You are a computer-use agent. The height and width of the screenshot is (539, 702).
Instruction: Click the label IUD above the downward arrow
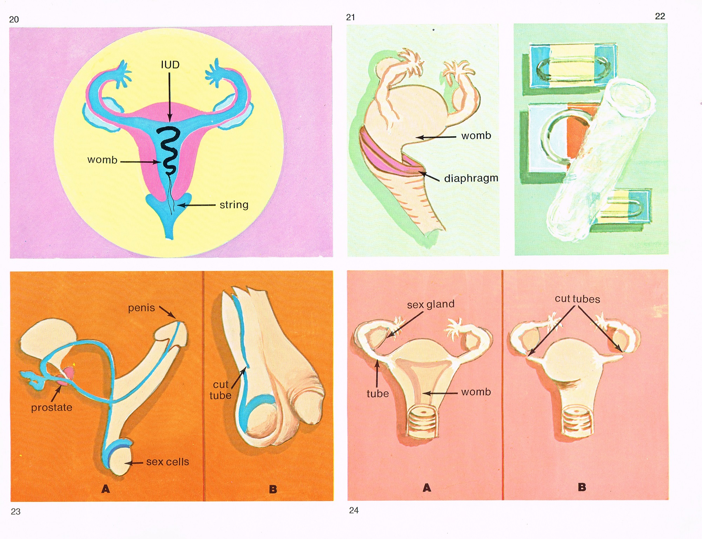(x=170, y=65)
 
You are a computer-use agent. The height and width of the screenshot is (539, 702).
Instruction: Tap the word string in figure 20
(x=234, y=205)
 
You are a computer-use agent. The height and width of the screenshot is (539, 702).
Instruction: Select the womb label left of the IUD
(x=102, y=160)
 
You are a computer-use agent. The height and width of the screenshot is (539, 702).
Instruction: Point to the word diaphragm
(x=471, y=178)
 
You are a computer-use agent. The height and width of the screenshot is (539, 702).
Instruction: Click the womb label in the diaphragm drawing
(x=476, y=136)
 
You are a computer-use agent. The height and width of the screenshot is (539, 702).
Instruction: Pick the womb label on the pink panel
(x=476, y=392)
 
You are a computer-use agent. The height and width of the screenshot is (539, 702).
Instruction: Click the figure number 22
(x=660, y=16)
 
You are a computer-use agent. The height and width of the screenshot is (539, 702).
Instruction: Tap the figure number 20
(x=14, y=20)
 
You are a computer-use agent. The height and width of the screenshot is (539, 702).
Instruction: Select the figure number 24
(x=354, y=510)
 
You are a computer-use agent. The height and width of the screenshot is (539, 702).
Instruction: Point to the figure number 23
(x=16, y=512)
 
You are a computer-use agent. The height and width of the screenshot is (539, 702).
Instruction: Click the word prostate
(x=52, y=407)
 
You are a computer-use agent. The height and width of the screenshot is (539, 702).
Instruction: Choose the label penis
(x=141, y=308)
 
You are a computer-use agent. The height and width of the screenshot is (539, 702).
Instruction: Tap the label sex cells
(x=167, y=462)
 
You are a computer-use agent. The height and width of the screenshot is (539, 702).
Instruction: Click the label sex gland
(x=431, y=304)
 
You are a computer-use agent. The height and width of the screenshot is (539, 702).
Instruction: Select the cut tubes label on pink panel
(x=577, y=299)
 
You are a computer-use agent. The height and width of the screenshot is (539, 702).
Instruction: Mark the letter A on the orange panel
(x=106, y=489)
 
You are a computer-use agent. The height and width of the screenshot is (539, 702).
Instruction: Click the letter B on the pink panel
(x=582, y=487)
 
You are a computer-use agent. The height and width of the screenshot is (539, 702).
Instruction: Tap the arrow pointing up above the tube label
(x=377, y=374)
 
